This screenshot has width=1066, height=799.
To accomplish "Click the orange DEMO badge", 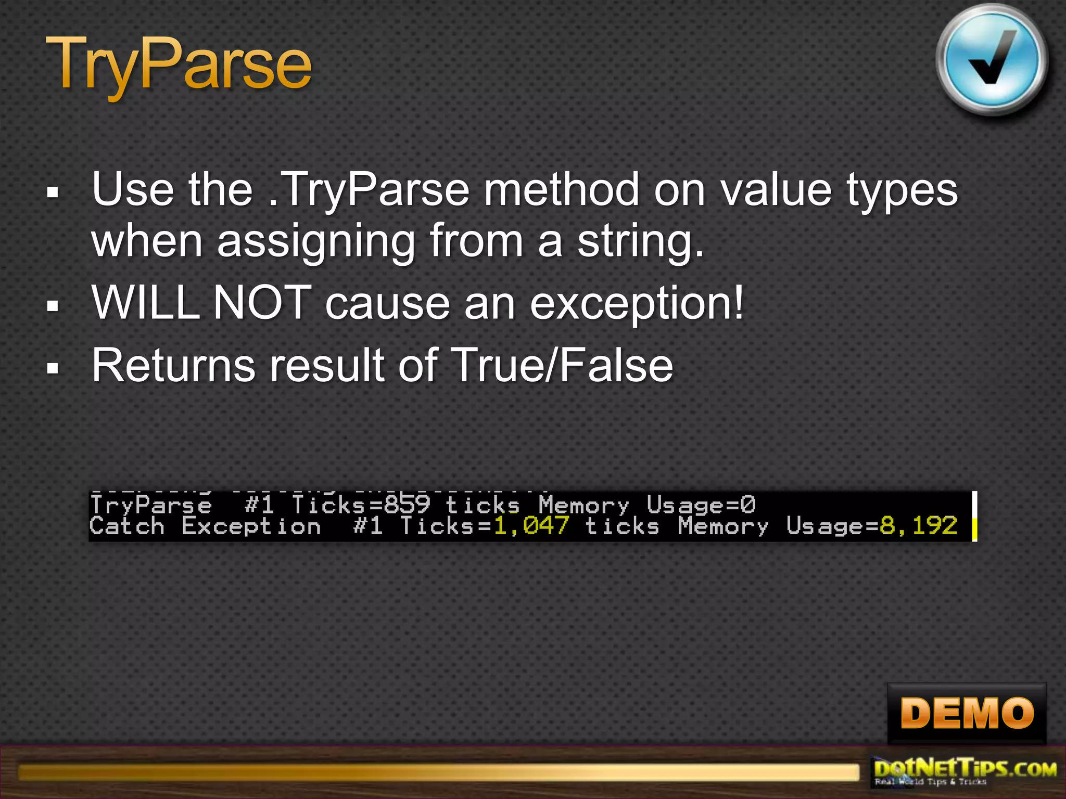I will pos(967,713).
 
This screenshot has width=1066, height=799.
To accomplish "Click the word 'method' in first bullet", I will pos(561,189).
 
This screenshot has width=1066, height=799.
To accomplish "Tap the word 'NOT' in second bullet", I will pos(262,303).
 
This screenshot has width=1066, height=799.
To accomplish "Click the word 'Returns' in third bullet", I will pos(173,365).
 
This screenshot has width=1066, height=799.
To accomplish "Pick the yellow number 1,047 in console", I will pos(531,526).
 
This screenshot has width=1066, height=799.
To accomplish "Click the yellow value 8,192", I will pos(918,526).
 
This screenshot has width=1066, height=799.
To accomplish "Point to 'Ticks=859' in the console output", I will pos(361,505).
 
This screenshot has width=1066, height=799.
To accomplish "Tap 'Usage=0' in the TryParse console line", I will pos(701,505).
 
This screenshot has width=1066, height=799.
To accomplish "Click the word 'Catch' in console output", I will pos(127,526).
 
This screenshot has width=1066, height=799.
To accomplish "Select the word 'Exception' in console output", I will pos(251,526).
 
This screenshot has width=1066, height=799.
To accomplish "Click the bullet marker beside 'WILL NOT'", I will pos(53,306).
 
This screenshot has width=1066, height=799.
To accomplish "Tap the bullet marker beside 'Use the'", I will pos(53,193).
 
